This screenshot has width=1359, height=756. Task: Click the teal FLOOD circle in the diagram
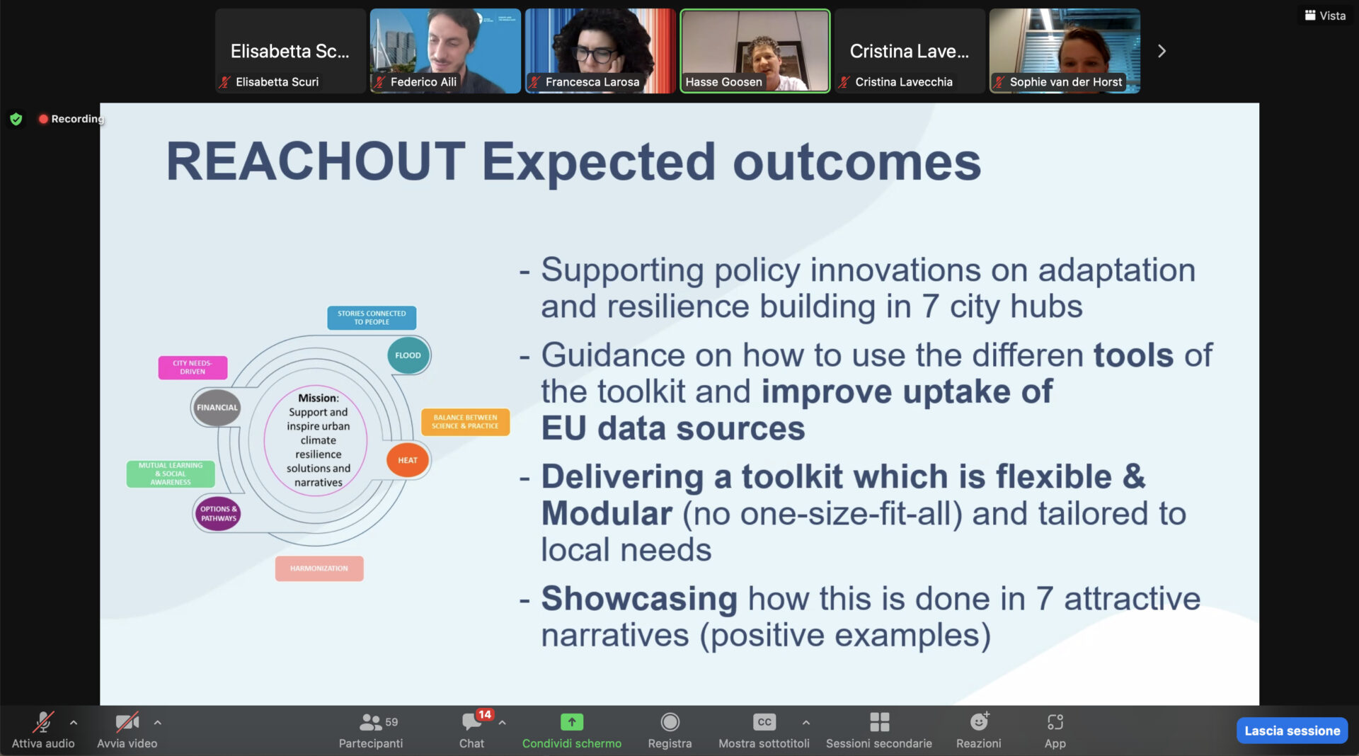coord(408,355)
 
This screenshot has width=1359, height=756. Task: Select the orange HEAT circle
coord(408,460)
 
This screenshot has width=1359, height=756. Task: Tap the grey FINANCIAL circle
coord(217,408)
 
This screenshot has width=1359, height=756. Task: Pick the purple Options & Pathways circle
coord(218,513)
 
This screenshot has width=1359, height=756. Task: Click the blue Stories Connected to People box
coord(372,318)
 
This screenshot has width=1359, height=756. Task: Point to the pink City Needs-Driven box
coord(193,367)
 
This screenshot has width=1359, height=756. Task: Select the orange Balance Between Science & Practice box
coord(465,422)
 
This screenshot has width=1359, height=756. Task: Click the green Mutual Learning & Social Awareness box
coord(171,474)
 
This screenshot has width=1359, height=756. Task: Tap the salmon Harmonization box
coord(319,568)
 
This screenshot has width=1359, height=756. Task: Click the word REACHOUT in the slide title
coord(316,161)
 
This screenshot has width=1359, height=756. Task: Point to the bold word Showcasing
coord(639,599)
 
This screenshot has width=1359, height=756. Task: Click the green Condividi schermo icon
coord(572,722)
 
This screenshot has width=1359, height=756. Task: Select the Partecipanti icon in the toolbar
coord(371,722)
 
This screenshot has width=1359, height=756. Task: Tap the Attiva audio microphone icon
coord(43,722)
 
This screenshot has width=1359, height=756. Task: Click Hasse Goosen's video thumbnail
coord(755,51)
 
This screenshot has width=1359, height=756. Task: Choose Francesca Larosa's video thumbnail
coord(600,51)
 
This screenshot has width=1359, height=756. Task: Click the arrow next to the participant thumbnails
coord(1162,51)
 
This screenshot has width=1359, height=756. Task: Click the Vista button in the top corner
coord(1325,16)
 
